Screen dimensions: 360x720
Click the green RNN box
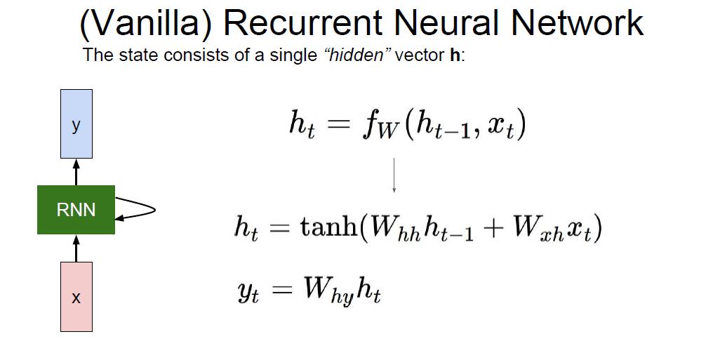pos(76,209)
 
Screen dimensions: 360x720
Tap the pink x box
pos(76,297)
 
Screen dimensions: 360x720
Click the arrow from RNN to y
pos(76,171)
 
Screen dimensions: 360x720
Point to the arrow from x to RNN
pos(76,248)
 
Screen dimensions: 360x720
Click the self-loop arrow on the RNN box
pos(137,210)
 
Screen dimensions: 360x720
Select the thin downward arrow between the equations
pos(394,175)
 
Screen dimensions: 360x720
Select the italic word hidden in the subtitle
pos(357,55)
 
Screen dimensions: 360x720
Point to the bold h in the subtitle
pos(455,55)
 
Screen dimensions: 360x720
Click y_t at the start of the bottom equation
pos(248,291)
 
